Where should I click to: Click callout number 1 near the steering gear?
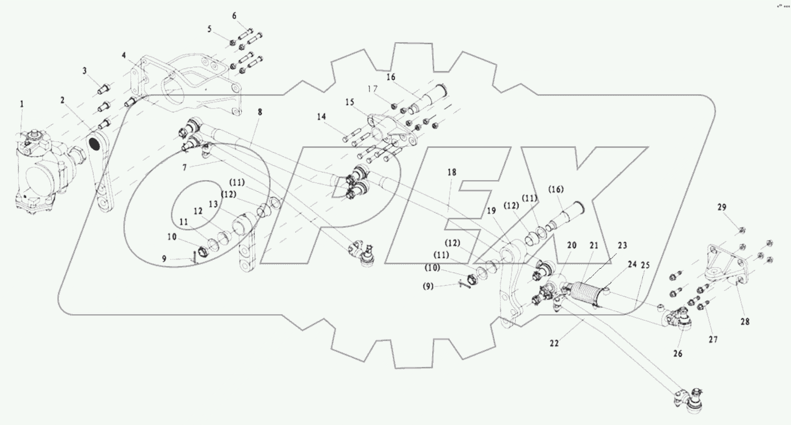tap(22, 104)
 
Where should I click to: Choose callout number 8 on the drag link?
tap(260, 112)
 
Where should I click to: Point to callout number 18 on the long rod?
tap(452, 173)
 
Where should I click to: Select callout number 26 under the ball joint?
tap(678, 353)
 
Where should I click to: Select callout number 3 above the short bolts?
tap(85, 71)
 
